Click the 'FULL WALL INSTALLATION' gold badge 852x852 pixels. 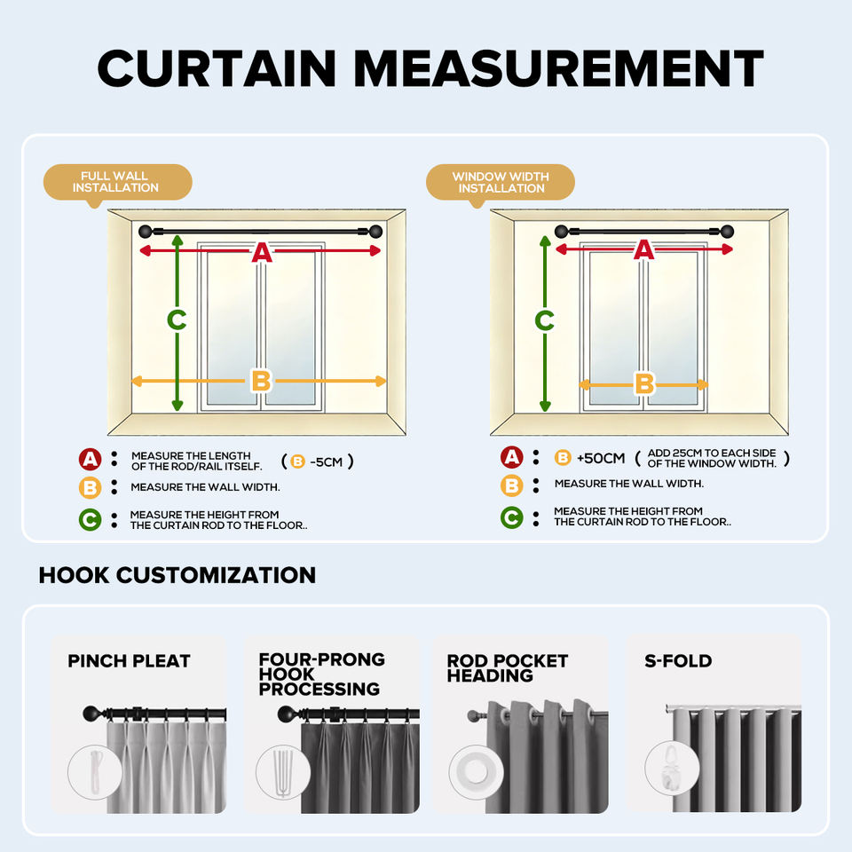[117, 183]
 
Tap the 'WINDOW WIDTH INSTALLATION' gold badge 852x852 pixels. [500, 183]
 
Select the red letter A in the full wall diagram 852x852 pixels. [262, 252]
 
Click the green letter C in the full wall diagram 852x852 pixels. [177, 319]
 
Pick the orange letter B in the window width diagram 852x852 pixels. [644, 383]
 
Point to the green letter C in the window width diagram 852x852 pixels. [544, 320]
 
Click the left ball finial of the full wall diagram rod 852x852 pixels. [146, 232]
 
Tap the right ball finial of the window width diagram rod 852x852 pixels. [727, 232]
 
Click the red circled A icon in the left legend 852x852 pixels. [91, 460]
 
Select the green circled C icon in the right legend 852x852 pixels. [512, 517]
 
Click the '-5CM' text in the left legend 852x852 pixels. [326, 461]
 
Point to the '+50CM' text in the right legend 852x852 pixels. [601, 458]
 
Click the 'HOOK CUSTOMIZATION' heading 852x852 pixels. [177, 575]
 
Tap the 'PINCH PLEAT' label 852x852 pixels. [129, 660]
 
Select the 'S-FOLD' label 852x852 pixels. [678, 660]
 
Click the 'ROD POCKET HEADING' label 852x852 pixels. [508, 667]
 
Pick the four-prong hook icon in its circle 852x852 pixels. [283, 771]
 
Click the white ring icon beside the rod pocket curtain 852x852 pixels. [476, 772]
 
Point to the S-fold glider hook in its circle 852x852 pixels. [671, 767]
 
